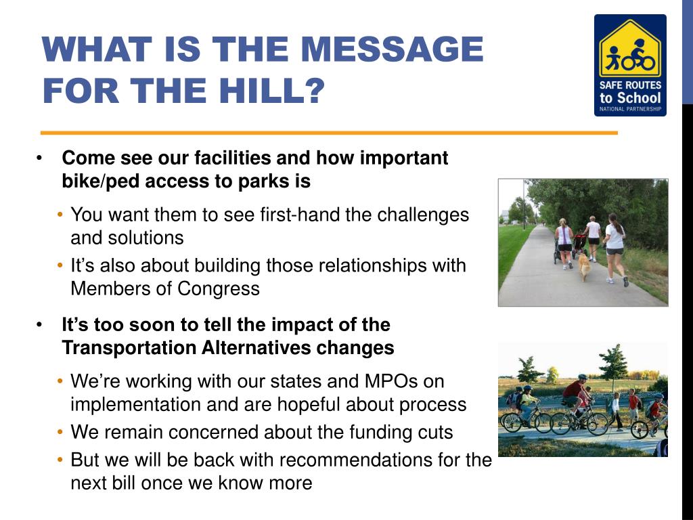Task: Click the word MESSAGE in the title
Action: coord(392,49)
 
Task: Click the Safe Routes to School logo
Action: coord(630,66)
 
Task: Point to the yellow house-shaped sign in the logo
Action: coord(630,49)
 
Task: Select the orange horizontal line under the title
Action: coord(330,133)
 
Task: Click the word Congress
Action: coord(219,288)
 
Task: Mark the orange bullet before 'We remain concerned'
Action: coord(60,431)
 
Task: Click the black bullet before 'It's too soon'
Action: coord(39,325)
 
